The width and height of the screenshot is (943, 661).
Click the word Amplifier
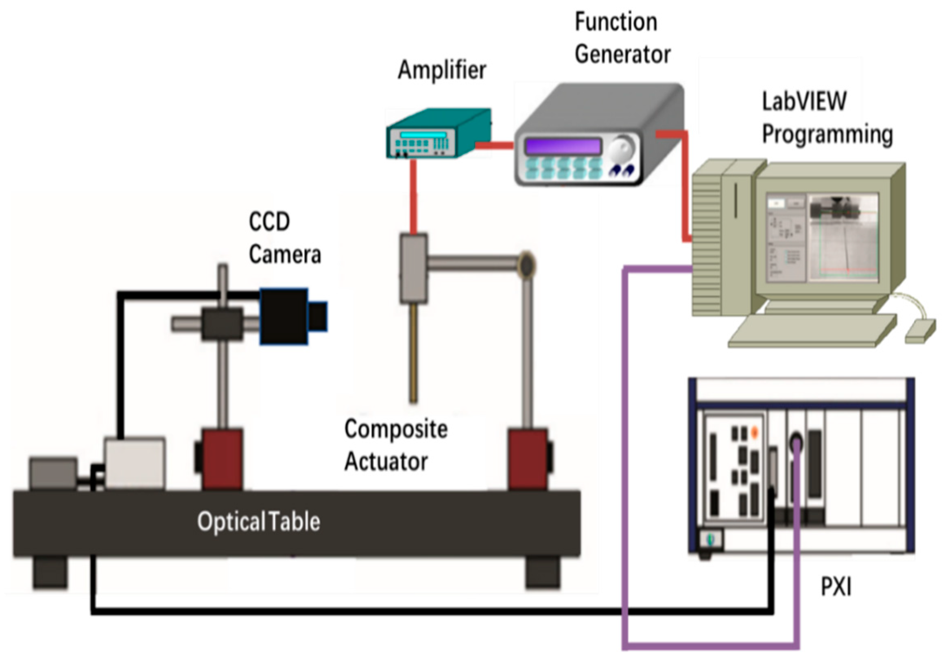442,70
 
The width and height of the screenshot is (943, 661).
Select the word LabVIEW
805,101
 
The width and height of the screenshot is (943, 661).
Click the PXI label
836,587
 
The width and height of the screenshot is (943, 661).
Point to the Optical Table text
259,522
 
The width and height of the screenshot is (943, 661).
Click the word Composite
396,429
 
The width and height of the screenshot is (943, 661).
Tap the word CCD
269,222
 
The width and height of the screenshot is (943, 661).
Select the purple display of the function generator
563,146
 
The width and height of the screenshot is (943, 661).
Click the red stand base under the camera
222,460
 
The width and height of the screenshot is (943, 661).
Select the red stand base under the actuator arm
528,460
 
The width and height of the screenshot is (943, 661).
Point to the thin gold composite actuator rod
413,353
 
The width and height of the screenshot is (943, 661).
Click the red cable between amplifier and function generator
494,145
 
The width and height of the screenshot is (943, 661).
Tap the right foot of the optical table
543,572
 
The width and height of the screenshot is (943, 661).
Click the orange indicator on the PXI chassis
755,432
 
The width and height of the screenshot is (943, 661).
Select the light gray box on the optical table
135,464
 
